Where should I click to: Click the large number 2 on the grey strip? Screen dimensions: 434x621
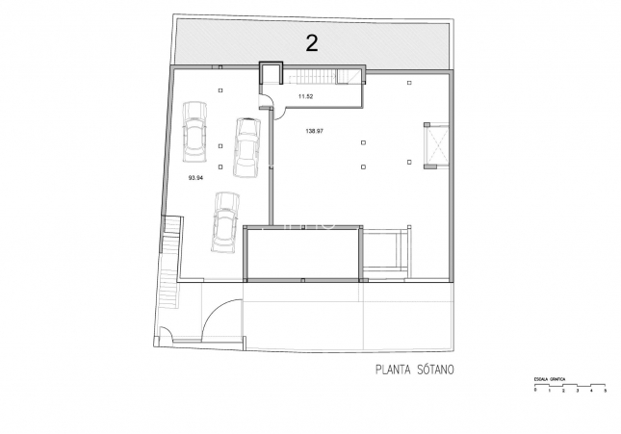(311, 41)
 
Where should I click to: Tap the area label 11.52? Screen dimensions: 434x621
(306, 96)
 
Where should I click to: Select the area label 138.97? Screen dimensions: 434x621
(314, 132)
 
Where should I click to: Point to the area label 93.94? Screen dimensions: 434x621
(195, 177)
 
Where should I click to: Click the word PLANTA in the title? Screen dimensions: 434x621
(391, 369)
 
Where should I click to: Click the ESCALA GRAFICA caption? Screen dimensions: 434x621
(550, 380)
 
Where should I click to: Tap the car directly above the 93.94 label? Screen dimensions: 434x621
(195, 138)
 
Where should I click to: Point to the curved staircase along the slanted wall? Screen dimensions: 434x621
(170, 265)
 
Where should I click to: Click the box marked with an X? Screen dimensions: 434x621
(435, 145)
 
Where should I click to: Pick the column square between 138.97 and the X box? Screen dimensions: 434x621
(363, 143)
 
